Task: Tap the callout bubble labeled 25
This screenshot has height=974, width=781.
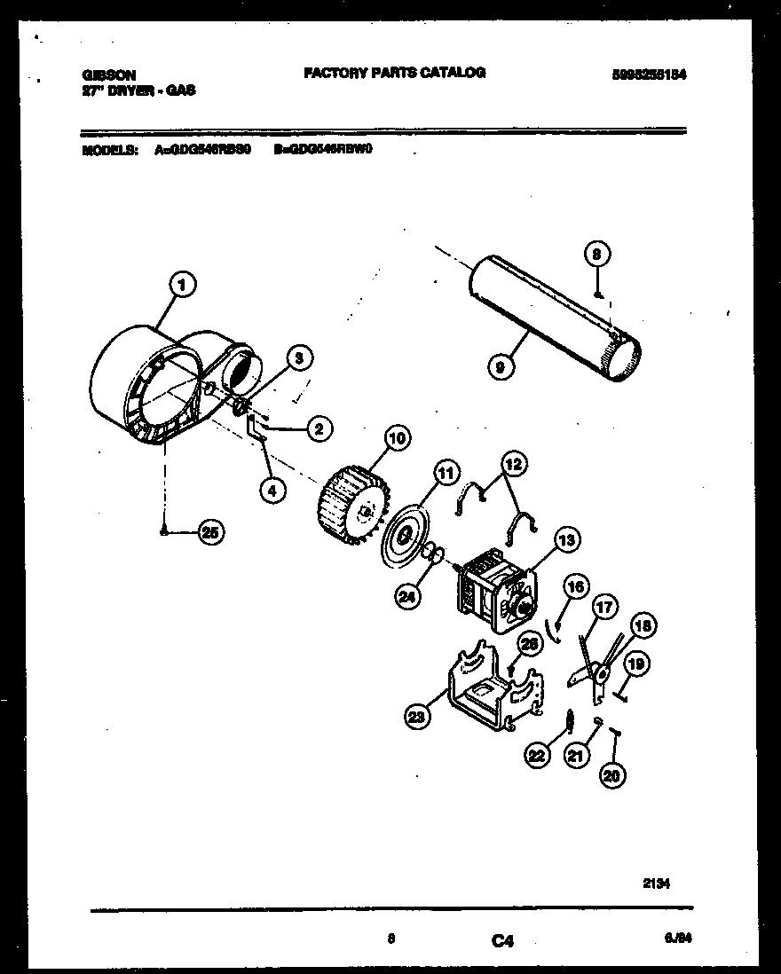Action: tap(209, 532)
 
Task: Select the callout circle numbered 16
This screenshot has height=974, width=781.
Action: tap(576, 586)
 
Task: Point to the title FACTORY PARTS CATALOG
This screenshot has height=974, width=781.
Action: tap(394, 73)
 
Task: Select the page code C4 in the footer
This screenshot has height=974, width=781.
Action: tap(502, 942)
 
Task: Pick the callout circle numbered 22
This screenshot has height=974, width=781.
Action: tap(537, 756)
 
